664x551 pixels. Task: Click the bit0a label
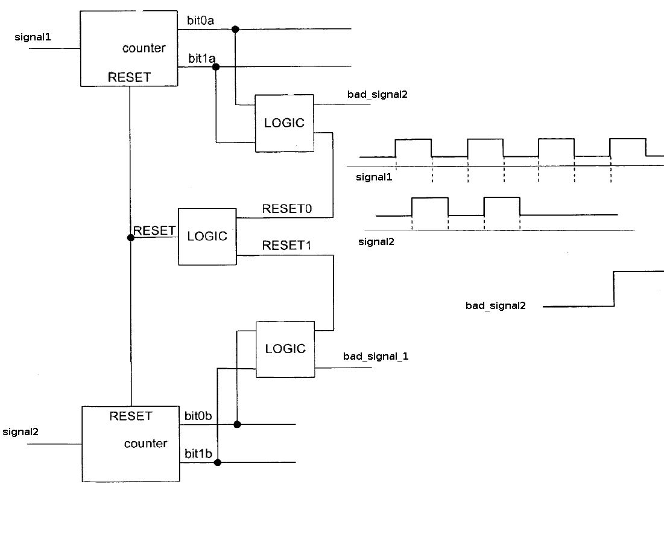point(200,21)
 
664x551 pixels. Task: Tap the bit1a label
point(201,58)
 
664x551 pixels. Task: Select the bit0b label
point(198,416)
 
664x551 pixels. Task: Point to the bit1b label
point(198,453)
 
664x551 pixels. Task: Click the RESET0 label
point(286,209)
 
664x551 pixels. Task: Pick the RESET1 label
point(286,245)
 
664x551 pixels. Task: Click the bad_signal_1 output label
point(376,356)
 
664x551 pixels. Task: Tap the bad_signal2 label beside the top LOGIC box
point(378,94)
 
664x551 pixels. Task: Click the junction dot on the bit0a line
point(235,29)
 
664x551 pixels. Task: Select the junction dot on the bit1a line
point(215,67)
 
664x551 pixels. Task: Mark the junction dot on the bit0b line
point(237,424)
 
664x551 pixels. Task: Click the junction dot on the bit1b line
point(218,462)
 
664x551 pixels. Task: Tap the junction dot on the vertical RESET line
point(131,238)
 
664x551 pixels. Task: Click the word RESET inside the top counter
point(129,77)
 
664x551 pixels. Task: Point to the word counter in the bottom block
point(146,444)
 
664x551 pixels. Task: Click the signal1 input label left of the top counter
point(33,37)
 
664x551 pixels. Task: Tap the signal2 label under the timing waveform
point(376,241)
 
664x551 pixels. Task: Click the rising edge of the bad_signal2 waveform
point(613,288)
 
